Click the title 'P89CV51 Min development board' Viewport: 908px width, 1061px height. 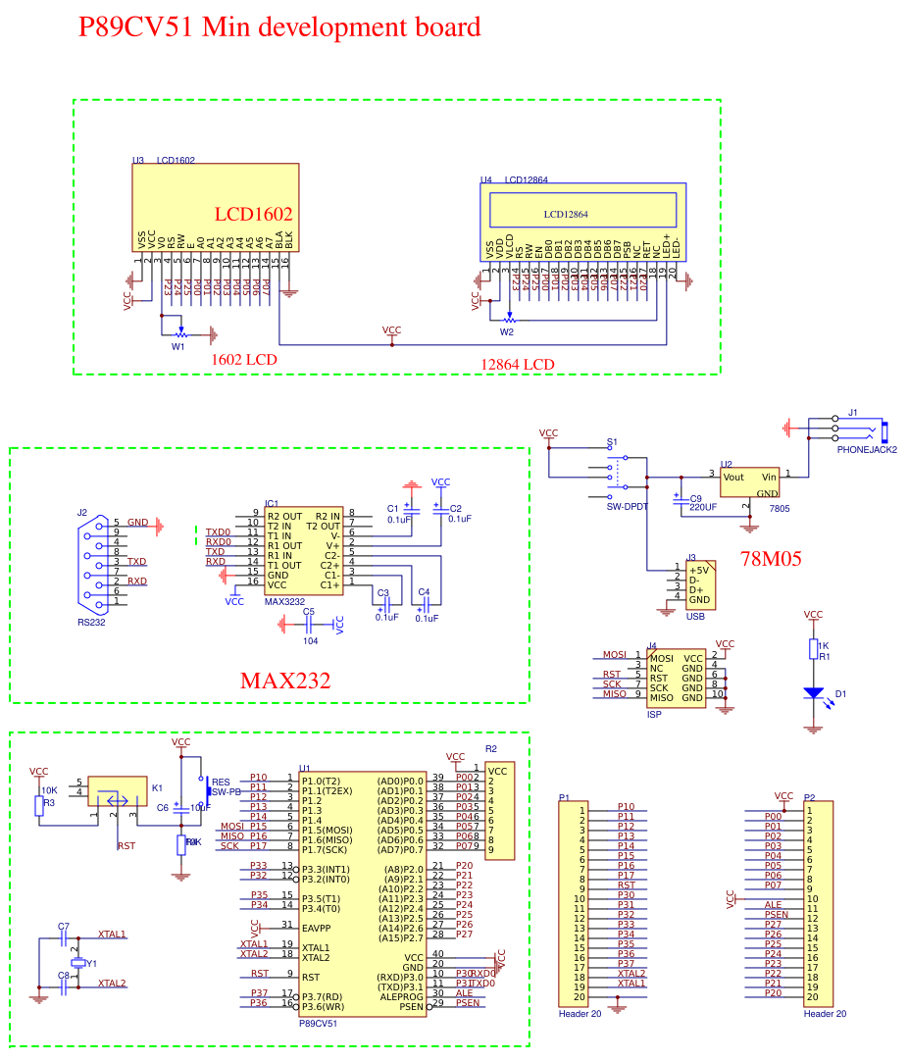tap(279, 27)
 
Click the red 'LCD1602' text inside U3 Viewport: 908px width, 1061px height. tap(253, 214)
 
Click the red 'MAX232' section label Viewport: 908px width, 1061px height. tap(284, 680)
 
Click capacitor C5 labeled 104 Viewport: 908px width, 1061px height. tap(309, 625)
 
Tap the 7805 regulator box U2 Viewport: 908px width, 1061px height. tap(749, 482)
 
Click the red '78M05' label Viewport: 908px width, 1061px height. tap(770, 559)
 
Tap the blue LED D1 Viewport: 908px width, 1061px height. tap(813, 692)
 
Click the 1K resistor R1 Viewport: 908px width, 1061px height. tap(813, 649)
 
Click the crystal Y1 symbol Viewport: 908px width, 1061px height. tap(77, 963)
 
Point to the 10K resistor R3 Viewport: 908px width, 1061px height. tap(39, 805)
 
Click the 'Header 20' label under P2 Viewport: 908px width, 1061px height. tap(825, 1014)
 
